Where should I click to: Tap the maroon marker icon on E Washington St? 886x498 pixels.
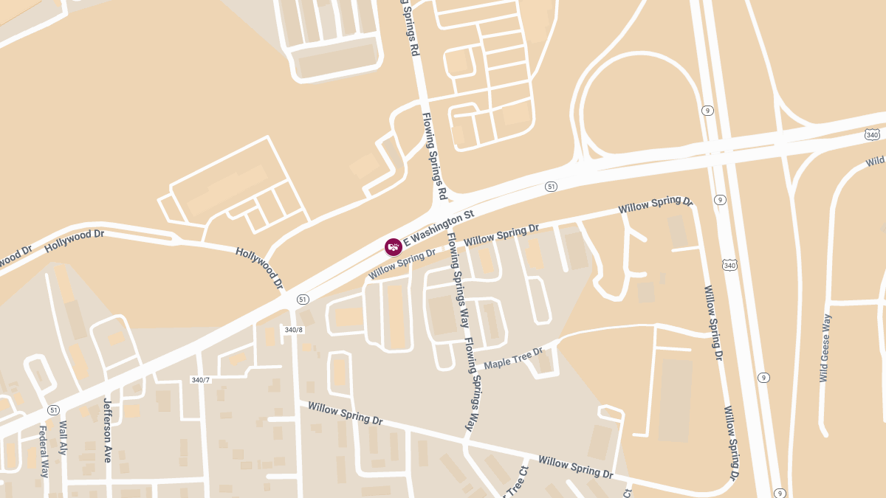394,246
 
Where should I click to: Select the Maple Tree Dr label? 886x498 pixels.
513,358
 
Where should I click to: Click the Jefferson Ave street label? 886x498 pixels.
108,430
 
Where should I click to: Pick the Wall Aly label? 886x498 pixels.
63,438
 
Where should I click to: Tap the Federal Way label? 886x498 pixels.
43,451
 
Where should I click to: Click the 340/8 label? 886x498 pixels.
294,329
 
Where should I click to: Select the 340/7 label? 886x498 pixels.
200,380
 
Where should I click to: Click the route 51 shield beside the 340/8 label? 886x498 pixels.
303,299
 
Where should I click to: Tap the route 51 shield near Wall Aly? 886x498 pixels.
53,409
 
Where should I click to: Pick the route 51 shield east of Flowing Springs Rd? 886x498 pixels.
551,187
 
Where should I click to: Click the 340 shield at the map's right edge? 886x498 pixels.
872,134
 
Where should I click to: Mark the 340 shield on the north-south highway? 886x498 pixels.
730,265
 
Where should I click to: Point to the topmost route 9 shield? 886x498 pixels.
707,111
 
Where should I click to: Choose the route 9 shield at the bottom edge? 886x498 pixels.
780,493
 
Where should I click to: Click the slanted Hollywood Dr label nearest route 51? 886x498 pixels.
259,267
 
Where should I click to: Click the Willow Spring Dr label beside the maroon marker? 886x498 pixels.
402,264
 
